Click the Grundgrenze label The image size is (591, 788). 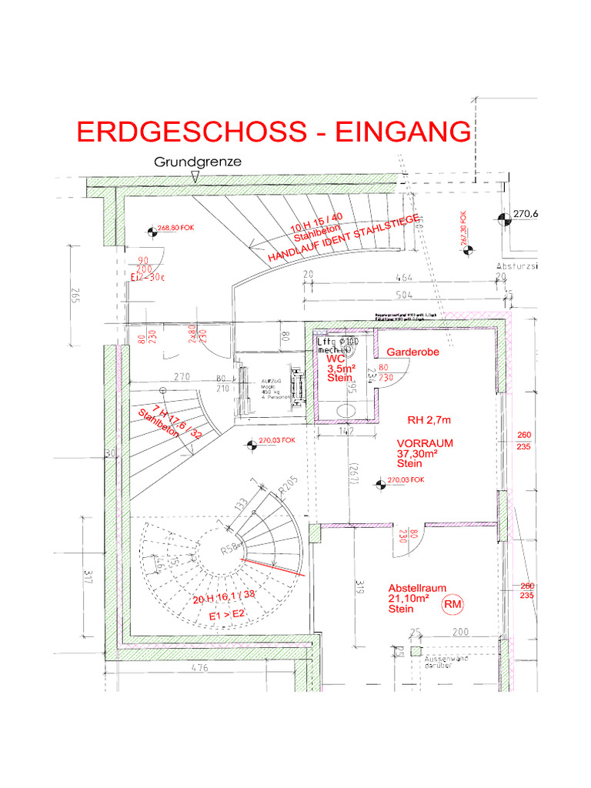(x=198, y=162)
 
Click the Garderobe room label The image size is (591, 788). (x=412, y=352)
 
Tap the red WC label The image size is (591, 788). (x=336, y=359)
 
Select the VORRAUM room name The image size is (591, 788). (x=425, y=443)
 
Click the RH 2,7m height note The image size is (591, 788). (x=429, y=420)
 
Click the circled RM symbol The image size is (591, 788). (x=453, y=606)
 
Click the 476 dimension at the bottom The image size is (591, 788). (x=199, y=668)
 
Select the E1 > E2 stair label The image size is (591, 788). (x=227, y=615)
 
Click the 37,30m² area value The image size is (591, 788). (x=417, y=454)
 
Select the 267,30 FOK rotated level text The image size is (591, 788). (x=464, y=229)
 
